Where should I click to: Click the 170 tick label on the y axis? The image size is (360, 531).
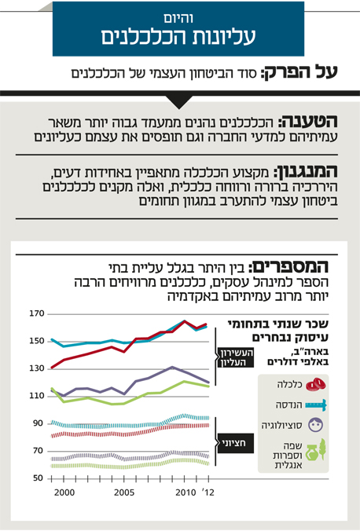[x=37, y=313]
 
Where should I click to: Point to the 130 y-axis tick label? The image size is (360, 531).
[x=37, y=368]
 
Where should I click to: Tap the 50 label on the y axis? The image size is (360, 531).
[x=38, y=478]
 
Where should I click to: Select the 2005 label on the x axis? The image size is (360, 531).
[x=124, y=492]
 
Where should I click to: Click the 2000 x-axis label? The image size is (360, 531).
[x=64, y=492]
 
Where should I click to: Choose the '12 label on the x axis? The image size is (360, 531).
[x=208, y=492]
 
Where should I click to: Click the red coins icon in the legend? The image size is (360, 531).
[x=316, y=385]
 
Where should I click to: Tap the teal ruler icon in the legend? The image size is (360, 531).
[x=316, y=405]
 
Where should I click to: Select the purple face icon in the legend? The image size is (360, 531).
[x=316, y=425]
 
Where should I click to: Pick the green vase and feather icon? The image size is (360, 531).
[x=316, y=450]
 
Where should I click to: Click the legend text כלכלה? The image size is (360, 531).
[x=290, y=384]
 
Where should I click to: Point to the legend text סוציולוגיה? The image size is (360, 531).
[x=281, y=425]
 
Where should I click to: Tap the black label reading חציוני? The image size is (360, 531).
[x=235, y=443]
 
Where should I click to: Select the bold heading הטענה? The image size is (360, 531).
[x=308, y=122]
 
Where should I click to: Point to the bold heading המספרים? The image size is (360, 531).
[x=288, y=267]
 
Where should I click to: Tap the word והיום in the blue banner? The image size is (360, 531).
[x=178, y=17]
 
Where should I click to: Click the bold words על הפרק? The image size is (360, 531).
[x=299, y=72]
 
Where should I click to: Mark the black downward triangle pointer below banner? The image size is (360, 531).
[x=179, y=102]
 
